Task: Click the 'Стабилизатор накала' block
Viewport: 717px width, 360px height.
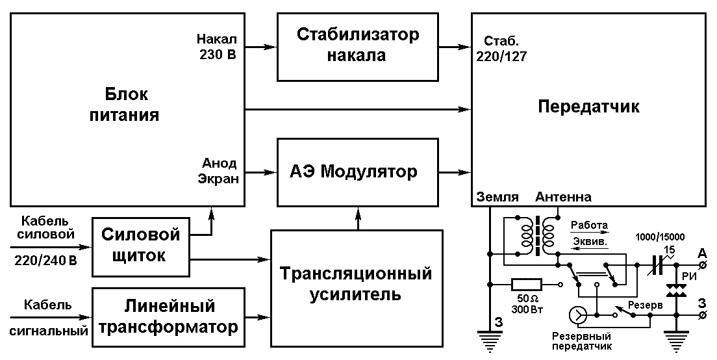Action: pyautogui.click(x=358, y=47)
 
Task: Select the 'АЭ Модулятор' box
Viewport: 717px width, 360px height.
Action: pyautogui.click(x=358, y=172)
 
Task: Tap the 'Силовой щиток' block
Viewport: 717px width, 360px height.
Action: pyautogui.click(x=141, y=247)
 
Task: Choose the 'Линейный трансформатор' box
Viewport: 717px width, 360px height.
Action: pyautogui.click(x=169, y=317)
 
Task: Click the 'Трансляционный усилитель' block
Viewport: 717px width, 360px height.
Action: pyautogui.click(x=357, y=288)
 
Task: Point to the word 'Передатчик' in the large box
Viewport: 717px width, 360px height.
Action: pyautogui.click(x=588, y=106)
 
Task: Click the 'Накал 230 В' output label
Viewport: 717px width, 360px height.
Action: pyautogui.click(x=217, y=47)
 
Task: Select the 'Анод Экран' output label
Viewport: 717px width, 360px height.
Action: pyautogui.click(x=218, y=171)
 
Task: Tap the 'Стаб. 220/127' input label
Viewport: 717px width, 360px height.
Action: pyautogui.click(x=501, y=49)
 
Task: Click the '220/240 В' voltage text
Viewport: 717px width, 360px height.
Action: pyautogui.click(x=45, y=261)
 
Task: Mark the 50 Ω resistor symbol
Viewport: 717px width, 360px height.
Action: pyautogui.click(x=526, y=285)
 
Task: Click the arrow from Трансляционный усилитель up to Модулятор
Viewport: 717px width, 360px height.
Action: pyautogui.click(x=358, y=218)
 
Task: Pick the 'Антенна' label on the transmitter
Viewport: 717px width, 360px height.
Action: pyautogui.click(x=563, y=197)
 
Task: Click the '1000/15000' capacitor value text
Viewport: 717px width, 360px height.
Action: pyautogui.click(x=660, y=237)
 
